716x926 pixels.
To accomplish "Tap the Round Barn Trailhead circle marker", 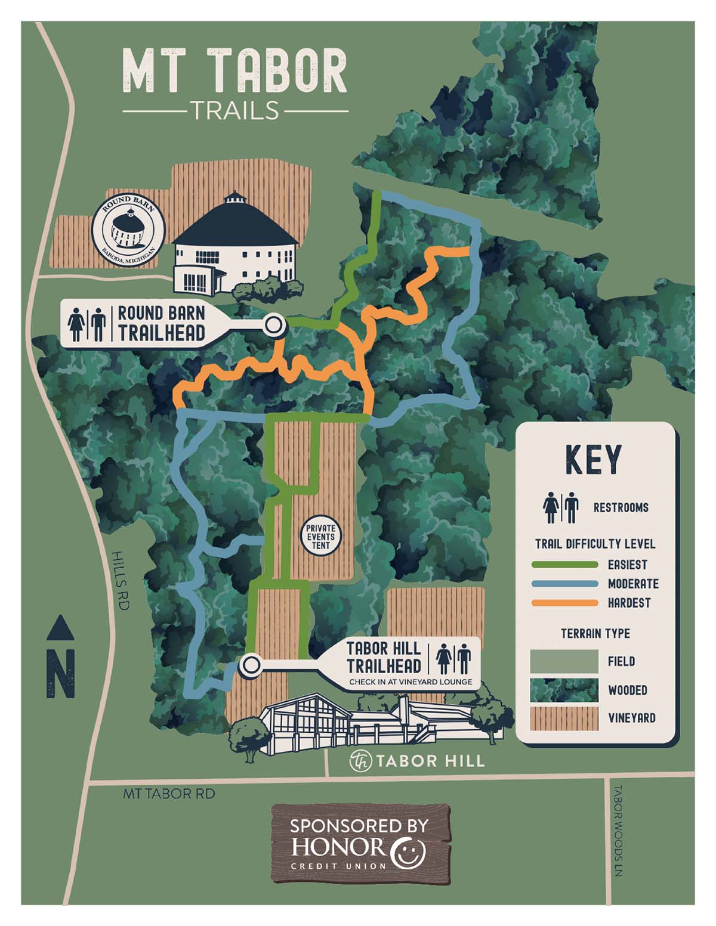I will (274, 325).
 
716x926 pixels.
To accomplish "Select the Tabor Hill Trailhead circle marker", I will (251, 664).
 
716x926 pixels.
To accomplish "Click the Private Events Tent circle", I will (320, 537).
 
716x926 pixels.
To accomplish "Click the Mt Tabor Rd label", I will (169, 794).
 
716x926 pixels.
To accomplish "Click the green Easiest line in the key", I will (564, 565).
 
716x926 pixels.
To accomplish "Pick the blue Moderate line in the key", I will (564, 584).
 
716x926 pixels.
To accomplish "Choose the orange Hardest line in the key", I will (564, 603).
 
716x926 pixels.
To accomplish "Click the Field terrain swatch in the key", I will (563, 661).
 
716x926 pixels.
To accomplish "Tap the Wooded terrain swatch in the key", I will (563, 690).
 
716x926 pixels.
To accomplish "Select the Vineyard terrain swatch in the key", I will (563, 718).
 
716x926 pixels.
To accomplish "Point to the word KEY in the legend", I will (594, 460).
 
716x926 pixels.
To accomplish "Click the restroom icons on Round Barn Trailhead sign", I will (87, 324).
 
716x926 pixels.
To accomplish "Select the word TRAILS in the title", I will (235, 111).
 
